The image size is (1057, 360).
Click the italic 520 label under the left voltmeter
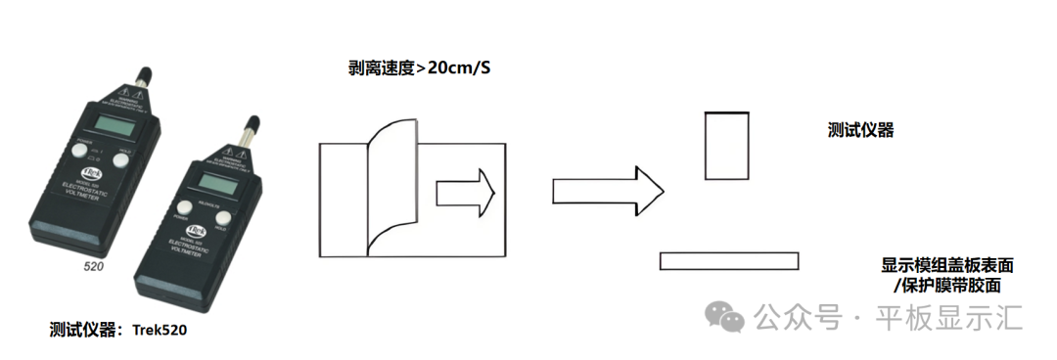coord(93,266)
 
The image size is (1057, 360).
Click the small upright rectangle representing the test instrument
coord(727,146)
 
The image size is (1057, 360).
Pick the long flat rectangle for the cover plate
coord(729,261)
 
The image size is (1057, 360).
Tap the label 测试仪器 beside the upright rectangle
coord(860,131)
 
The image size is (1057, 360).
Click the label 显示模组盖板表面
coord(946,266)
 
